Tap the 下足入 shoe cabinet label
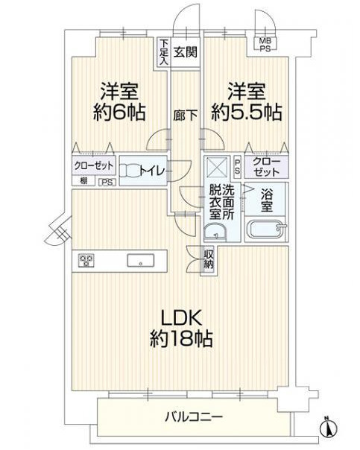[163, 53]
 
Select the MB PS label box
[265, 44]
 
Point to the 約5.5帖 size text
[245, 112]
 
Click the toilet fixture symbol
[131, 170]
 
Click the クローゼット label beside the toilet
[94, 165]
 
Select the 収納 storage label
[209, 259]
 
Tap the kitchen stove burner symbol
[86, 260]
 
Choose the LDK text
[180, 316]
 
